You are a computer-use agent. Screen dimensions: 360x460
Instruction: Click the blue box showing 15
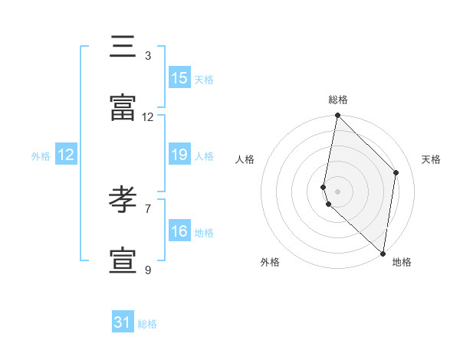point(179,77)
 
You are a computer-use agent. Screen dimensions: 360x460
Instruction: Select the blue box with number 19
point(179,155)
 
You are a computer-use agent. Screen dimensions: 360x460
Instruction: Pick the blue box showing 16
point(179,231)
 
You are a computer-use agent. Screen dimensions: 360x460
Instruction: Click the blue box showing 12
point(66,155)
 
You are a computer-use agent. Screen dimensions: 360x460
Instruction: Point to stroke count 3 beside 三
point(147,55)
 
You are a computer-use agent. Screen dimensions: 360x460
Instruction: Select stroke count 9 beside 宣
point(147,270)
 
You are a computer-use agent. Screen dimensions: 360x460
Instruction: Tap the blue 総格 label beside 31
point(147,324)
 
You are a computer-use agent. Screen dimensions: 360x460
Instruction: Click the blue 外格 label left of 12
point(41,156)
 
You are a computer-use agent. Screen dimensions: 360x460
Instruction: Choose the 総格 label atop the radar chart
point(338,100)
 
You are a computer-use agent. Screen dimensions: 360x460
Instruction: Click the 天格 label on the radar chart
point(432,159)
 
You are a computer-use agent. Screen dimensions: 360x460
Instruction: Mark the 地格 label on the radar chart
point(402,262)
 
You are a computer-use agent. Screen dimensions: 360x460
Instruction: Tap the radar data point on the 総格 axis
point(337,116)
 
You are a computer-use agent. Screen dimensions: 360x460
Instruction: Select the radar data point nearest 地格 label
point(383,252)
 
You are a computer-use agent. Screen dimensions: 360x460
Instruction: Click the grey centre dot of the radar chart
point(337,191)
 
